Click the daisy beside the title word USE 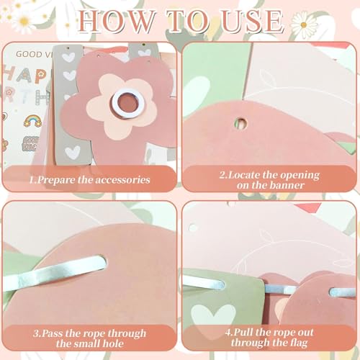[304, 24]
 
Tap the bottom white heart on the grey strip [73, 153]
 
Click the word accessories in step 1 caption [122, 180]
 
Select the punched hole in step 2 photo [240, 123]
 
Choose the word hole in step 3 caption [113, 343]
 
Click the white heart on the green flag [213, 315]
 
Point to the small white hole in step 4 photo [193, 228]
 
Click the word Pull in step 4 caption [243, 332]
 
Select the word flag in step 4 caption [298, 343]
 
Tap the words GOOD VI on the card [32, 54]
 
